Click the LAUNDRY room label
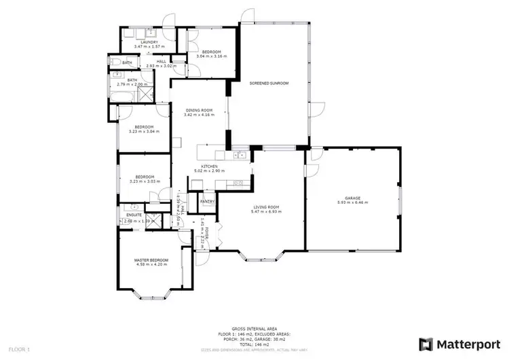coord(149,42)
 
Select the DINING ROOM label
coord(198,110)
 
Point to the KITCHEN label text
coord(208,166)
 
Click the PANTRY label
coord(207,201)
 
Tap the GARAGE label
coord(353,198)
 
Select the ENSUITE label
coord(134,216)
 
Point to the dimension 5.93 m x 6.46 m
coord(353,202)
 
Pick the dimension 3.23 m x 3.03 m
coord(144,181)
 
